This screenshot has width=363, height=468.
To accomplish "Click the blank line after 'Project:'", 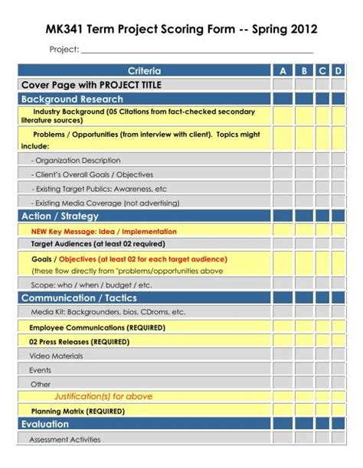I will pos(197,50).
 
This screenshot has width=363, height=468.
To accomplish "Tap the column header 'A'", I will pos(282,70).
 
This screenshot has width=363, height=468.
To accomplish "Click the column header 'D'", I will pos(338,70).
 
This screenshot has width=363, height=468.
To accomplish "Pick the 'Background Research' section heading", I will pos(72,99).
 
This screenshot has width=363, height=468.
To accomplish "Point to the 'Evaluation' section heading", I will pos(45,424).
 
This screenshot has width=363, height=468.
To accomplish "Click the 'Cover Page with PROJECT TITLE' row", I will pos(91,84).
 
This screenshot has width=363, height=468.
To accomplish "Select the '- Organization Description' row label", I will pos(76,161).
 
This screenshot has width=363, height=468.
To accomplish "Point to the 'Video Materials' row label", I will pos(57,356).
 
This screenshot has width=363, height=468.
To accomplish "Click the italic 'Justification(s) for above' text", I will pos(103,396).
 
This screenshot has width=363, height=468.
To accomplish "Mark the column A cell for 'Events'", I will pos(282,369).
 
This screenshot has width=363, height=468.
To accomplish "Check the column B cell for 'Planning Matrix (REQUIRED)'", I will pos(304,410).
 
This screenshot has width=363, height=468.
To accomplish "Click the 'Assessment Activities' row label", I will pos(65,440).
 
